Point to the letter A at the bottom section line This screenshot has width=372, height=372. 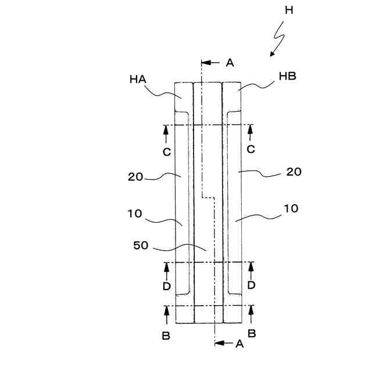click(x=238, y=344)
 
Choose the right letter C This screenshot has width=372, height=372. click(x=251, y=149)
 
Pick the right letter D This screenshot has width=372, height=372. click(x=252, y=285)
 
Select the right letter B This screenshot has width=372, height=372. click(x=252, y=333)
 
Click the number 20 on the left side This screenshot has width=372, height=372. click(x=135, y=177)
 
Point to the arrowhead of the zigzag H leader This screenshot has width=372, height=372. click(x=270, y=54)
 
